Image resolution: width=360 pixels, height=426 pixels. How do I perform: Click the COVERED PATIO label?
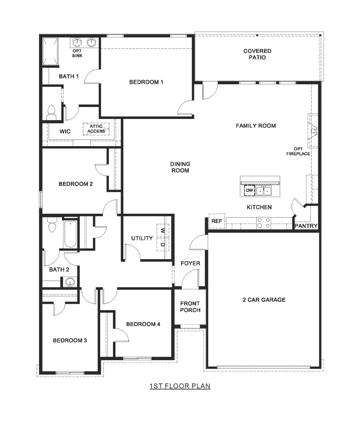[x=257, y=54]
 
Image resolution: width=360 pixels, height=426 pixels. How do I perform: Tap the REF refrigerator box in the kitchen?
[x=217, y=221]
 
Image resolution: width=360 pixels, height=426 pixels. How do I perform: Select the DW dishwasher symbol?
[x=249, y=190]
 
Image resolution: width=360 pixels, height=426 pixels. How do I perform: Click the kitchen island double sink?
[x=264, y=191]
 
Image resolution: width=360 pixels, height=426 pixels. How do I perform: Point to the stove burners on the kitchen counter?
[x=263, y=223]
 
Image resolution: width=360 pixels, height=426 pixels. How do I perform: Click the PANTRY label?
[x=306, y=226]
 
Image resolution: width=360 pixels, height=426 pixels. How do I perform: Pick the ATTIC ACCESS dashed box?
[x=96, y=129]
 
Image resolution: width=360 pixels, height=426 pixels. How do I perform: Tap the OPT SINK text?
[x=77, y=53]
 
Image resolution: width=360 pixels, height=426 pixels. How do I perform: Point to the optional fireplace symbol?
[x=313, y=131]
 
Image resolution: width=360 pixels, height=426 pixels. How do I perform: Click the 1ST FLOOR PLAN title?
[x=180, y=386]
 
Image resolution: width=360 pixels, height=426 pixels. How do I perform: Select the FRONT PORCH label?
[x=190, y=307]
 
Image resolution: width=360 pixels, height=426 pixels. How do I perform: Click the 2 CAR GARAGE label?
[x=264, y=300]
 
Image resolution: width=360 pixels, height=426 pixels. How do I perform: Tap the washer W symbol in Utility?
[x=163, y=231]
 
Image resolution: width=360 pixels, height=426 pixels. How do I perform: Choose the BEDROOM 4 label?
[x=143, y=324]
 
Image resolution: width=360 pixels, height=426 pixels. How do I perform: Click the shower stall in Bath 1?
[x=50, y=51]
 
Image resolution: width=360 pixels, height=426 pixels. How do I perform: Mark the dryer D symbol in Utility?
[x=163, y=244]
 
